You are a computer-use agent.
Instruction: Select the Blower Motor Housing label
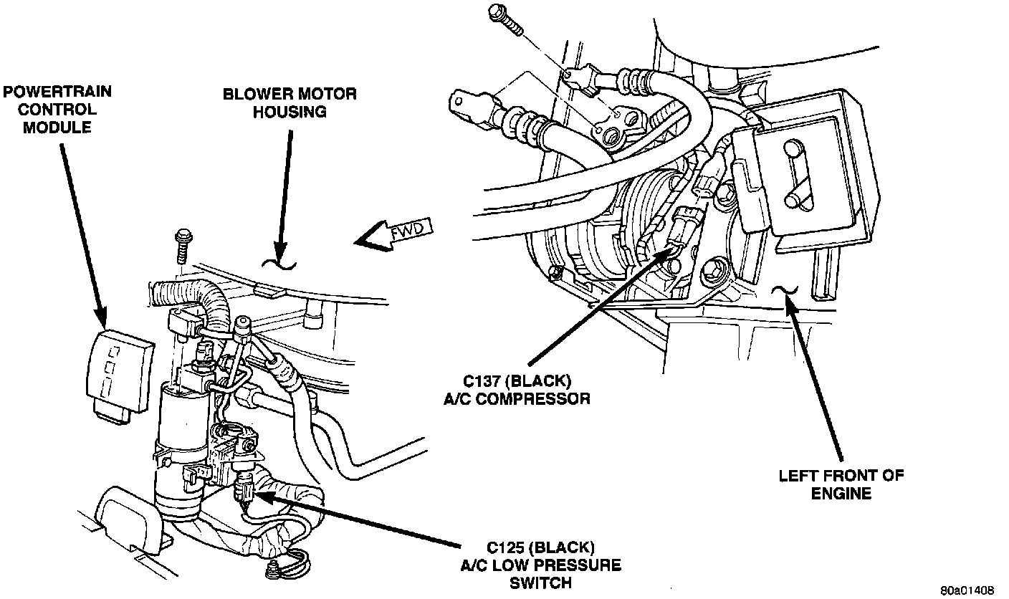coord(289,102)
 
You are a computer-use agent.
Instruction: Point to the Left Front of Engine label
coord(841,484)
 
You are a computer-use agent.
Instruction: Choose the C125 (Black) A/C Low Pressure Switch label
coord(540,564)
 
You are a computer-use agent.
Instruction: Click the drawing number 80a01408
coord(967,590)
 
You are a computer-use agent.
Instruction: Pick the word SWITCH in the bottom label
coord(540,582)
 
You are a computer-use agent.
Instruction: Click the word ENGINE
coord(841,493)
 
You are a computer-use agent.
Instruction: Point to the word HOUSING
coord(289,112)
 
